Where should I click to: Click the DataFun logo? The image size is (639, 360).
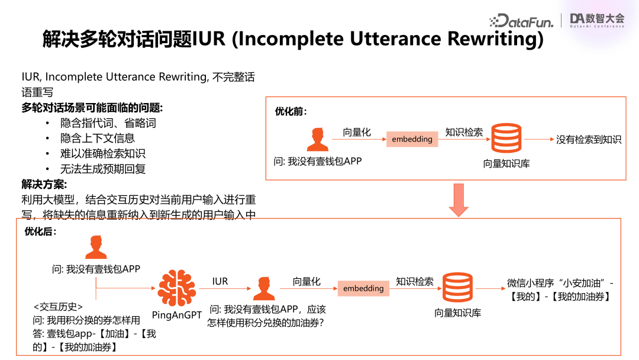click(521, 21)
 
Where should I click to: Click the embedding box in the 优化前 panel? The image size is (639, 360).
click(412, 139)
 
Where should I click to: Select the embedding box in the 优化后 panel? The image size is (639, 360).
click(363, 288)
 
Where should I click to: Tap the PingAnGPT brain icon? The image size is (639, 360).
click(177, 288)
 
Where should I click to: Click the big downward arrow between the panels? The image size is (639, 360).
click(459, 200)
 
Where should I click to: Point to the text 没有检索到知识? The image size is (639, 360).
click(589, 140)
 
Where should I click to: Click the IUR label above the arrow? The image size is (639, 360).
click(220, 282)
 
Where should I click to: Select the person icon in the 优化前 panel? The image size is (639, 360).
click(318, 140)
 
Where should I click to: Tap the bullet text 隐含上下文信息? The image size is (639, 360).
click(98, 138)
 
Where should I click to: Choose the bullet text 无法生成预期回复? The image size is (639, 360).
click(103, 169)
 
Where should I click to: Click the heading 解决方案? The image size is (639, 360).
click(44, 184)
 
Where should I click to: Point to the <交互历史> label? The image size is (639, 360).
click(58, 307)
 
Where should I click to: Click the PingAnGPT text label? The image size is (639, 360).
click(177, 315)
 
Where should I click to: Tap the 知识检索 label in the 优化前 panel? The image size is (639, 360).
click(464, 132)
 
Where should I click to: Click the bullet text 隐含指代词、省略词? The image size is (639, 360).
click(108, 123)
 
